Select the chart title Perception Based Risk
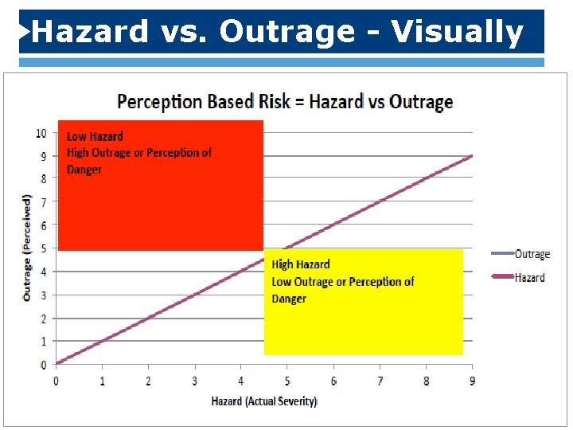(x=285, y=102)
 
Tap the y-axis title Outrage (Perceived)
(x=27, y=247)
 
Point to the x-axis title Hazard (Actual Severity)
(x=264, y=401)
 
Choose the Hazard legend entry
(x=529, y=277)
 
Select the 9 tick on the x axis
(x=473, y=381)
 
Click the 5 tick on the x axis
(x=287, y=381)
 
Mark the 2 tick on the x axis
(x=148, y=381)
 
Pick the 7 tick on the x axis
(x=380, y=381)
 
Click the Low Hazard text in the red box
(x=95, y=136)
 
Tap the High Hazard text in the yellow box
(x=301, y=264)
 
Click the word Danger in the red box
(x=84, y=170)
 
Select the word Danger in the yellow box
(x=289, y=299)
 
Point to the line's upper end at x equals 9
(x=472, y=156)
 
